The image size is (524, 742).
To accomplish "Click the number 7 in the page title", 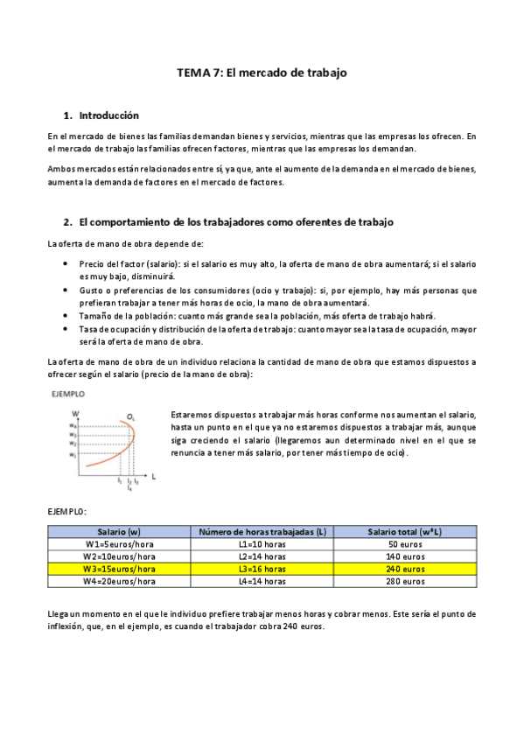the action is (x=218, y=73).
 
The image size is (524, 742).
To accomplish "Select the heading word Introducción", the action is (x=108, y=115).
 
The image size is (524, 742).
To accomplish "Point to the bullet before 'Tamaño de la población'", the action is (x=67, y=315).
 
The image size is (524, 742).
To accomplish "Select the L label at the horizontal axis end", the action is (x=154, y=476).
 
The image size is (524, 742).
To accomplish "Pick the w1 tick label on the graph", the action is (x=74, y=456).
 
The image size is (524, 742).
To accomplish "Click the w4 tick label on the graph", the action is (x=74, y=425).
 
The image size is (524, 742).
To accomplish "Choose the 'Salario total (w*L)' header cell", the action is (x=405, y=531).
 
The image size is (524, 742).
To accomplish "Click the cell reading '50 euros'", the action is (x=405, y=543).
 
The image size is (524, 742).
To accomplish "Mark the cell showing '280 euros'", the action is (x=405, y=580).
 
